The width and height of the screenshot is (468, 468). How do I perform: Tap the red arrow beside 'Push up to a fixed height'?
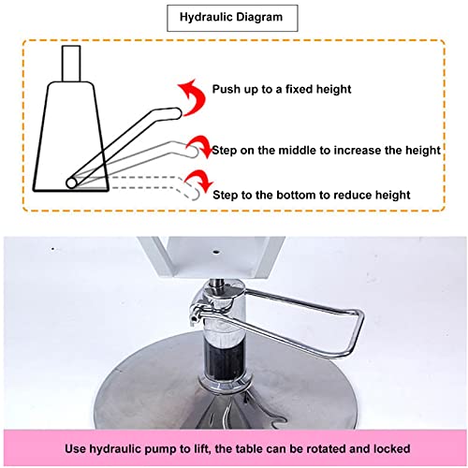tap(194, 96)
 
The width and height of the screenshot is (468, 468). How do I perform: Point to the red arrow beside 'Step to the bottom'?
tap(198, 183)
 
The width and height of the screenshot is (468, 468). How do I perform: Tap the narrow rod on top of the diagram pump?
tap(71, 64)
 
